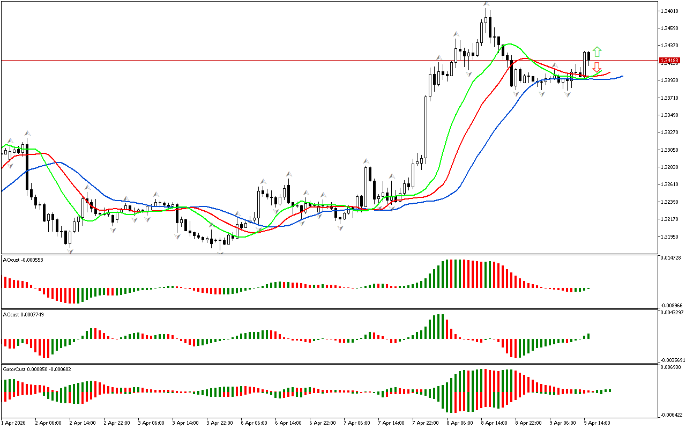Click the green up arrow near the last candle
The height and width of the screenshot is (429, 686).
tap(597, 52)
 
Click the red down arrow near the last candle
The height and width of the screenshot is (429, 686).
tap(596, 68)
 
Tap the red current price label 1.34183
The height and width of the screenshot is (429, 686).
tap(670, 60)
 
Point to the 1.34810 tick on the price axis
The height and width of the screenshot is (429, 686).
tap(669, 11)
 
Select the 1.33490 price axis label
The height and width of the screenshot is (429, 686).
tap(669, 115)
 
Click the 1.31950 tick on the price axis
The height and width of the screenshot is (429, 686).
tap(669, 236)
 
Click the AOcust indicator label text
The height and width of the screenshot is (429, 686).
tap(23, 260)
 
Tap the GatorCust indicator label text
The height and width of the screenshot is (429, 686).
tap(37, 369)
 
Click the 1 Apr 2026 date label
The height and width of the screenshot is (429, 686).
tap(13, 423)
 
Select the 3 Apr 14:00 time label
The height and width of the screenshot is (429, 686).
tap(185, 423)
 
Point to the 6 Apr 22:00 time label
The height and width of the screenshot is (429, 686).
tap(323, 423)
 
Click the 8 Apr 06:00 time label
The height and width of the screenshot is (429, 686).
tap(460, 423)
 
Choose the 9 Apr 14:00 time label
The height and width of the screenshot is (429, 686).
tap(597, 423)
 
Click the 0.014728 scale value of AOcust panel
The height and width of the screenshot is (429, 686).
tap(671, 258)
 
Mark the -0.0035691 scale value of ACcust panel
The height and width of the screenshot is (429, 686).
tap(672, 360)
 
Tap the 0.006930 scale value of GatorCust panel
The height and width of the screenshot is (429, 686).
tap(671, 367)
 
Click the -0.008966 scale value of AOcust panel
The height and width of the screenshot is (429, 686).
tap(672, 305)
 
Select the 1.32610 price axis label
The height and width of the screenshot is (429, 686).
tap(669, 184)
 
